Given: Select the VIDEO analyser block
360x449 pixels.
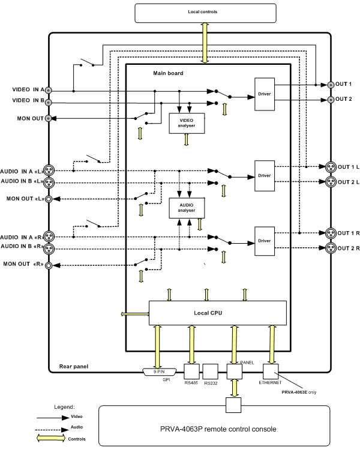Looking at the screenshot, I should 186,122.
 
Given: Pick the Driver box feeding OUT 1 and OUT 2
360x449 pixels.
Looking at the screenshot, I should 265,93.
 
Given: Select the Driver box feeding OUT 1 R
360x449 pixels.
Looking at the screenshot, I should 265,240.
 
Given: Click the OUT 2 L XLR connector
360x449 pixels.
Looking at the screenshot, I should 329,182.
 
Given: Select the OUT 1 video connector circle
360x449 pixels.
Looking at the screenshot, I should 331,85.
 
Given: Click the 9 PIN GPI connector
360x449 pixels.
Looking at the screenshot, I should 158,372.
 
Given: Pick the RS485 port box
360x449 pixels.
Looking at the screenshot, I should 192,372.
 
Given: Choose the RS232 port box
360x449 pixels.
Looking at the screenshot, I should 211,372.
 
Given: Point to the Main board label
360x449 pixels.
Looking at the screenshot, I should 168,73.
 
